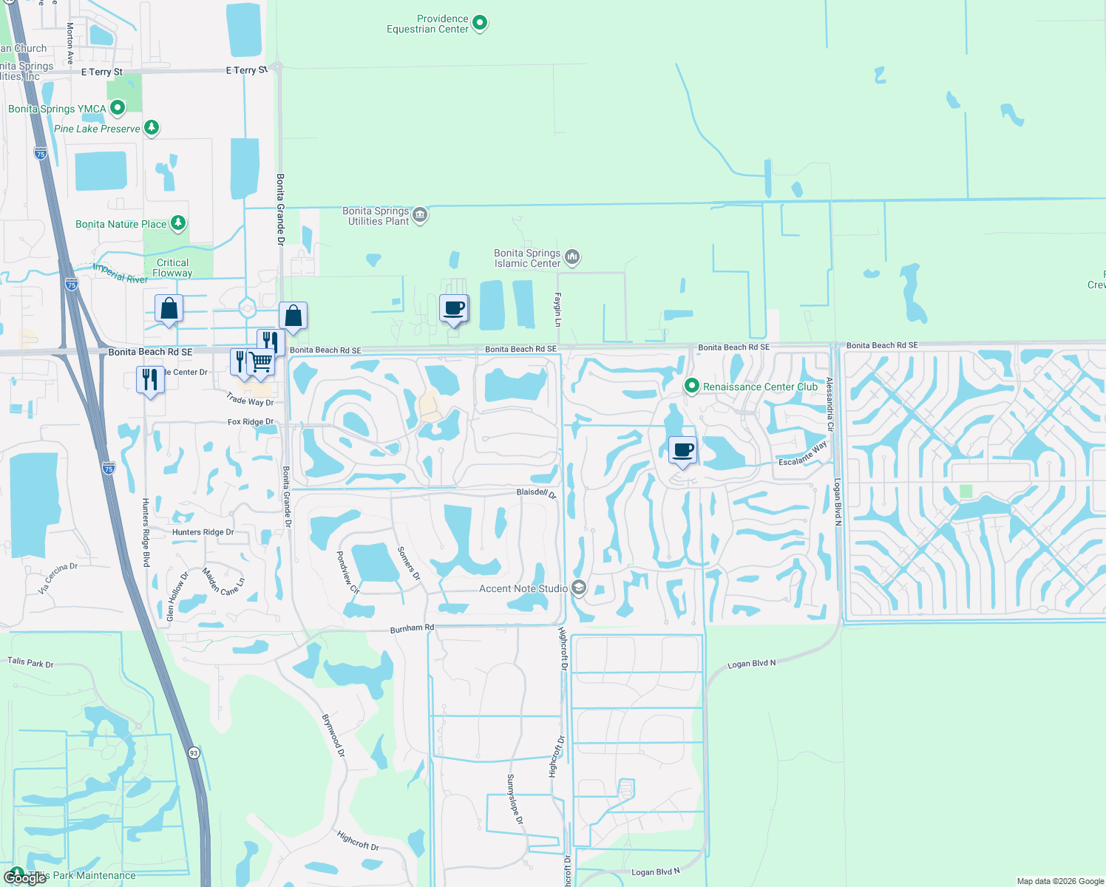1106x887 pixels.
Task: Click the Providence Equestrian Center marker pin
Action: (x=480, y=24)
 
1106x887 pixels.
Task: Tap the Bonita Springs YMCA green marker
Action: (x=117, y=109)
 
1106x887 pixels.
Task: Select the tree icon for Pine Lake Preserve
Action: (x=152, y=128)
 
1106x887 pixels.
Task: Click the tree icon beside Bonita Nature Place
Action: (x=177, y=223)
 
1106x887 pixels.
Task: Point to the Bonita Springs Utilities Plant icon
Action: (x=420, y=215)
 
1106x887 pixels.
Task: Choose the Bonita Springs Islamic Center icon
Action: (x=571, y=257)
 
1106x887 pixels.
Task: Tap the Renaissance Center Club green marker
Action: (x=691, y=386)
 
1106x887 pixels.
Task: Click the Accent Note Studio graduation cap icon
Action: (x=579, y=588)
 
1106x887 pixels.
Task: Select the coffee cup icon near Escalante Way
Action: (x=682, y=450)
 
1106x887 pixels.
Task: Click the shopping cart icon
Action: (x=261, y=362)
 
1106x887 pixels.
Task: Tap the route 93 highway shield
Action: (x=194, y=752)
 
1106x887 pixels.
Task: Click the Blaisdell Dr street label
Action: (x=536, y=492)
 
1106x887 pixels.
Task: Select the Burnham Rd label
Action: (x=412, y=628)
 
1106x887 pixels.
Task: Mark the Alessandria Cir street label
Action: (x=829, y=404)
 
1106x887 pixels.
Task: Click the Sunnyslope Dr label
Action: (x=515, y=799)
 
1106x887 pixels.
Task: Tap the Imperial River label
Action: (x=120, y=273)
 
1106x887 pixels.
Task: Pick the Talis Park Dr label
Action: (x=30, y=662)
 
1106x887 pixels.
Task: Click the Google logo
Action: (x=25, y=878)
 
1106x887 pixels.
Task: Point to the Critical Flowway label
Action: (x=172, y=268)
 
